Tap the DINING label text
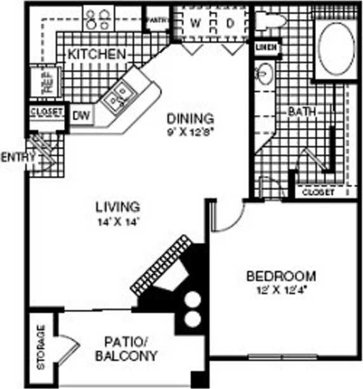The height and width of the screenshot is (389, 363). [190, 118]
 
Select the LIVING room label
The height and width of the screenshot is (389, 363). [117, 207]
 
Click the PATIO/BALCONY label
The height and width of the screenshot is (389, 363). [126, 349]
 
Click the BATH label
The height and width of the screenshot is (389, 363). [301, 112]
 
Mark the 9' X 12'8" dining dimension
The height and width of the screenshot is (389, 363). [190, 132]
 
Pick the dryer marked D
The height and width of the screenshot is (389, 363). [230, 23]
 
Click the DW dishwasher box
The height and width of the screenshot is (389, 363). [79, 115]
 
